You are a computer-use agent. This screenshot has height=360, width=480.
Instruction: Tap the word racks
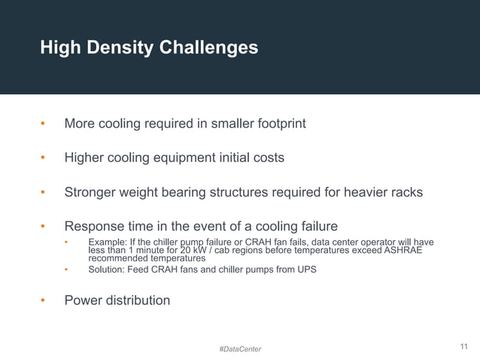pos(405,192)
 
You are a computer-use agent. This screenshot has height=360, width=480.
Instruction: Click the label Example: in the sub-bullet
pos(108,243)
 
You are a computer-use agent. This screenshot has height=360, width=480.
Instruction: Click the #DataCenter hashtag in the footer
pos(240,349)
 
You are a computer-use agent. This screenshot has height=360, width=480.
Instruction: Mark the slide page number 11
pos(463,346)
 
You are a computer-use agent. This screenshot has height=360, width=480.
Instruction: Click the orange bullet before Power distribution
pos(44,301)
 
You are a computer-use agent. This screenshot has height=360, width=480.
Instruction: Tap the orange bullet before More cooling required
pos(44,124)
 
